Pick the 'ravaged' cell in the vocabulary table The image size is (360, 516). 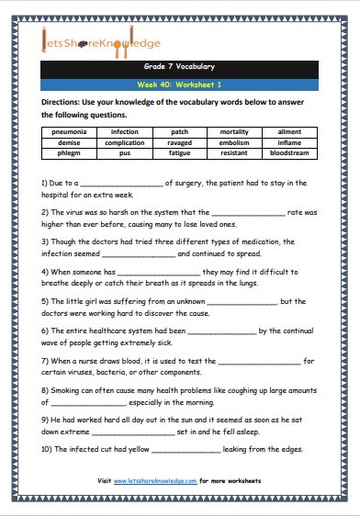click(180, 143)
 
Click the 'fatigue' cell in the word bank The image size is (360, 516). click(180, 154)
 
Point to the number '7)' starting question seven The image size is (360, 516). click(46, 361)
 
